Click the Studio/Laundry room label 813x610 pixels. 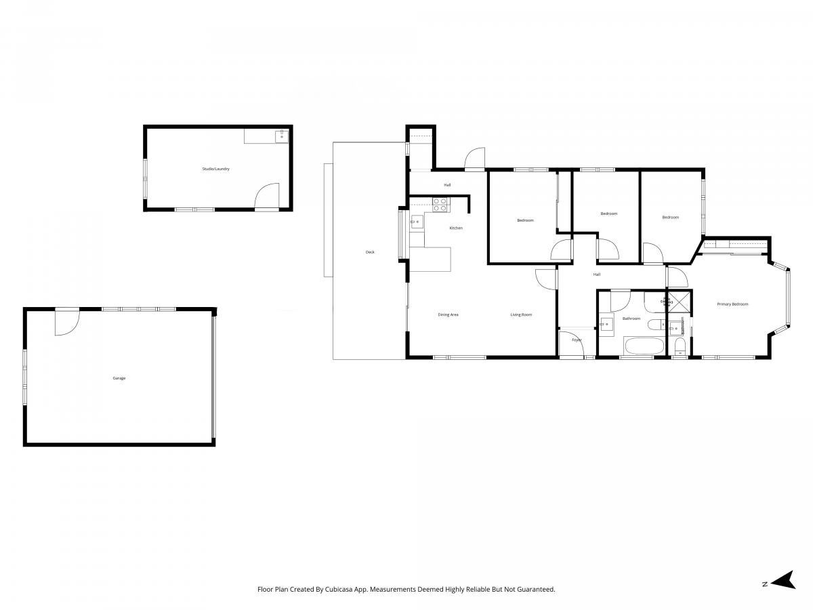[x=215, y=169]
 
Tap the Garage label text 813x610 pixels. [x=119, y=378]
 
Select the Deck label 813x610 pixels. [x=370, y=252]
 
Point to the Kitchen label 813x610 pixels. [x=455, y=228]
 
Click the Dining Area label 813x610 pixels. [x=448, y=314]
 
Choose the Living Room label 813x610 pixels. [x=521, y=314]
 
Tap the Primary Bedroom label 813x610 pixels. [x=732, y=304]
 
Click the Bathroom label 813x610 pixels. [x=631, y=319]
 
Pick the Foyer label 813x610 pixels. [x=577, y=340]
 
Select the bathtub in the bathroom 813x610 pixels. [x=644, y=346]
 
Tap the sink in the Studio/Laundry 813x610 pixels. [x=281, y=136]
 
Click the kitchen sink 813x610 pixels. [x=417, y=222]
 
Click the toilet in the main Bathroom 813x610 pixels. [x=656, y=325]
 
